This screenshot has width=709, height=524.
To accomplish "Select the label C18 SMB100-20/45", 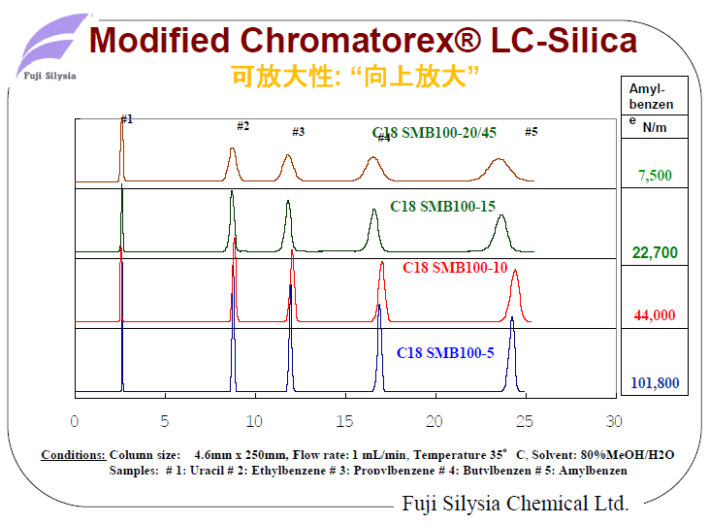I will coord(434,133).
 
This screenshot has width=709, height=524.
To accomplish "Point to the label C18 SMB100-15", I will coord(443,206).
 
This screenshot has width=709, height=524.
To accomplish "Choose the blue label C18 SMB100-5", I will coord(445,353).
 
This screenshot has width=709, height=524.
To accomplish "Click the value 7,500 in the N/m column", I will coord(655,176).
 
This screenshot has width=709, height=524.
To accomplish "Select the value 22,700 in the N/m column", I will coord(655,253).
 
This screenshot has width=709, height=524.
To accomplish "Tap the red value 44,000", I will coord(655,315).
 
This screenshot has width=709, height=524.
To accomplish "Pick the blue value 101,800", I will coord(655,382).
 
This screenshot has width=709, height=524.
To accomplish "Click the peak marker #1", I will coord(127,119).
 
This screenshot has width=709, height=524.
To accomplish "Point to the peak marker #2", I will coord(243,126).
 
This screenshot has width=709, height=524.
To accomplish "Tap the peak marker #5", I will coord(531,131).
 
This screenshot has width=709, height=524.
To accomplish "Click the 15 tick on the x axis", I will coord(344,421).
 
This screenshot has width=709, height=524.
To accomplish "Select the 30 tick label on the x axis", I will coord(613,421).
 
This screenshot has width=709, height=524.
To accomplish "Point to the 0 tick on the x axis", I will coord(75,421).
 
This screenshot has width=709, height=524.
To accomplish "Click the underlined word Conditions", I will coord(74,454).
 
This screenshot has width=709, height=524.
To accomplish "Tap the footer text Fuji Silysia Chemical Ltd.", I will coord(515,504).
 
